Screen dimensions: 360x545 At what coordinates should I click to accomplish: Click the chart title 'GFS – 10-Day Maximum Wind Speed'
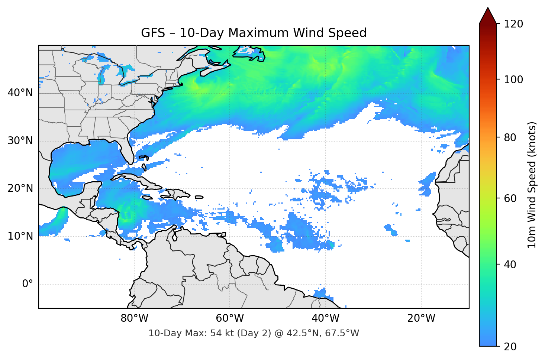coord(254,33)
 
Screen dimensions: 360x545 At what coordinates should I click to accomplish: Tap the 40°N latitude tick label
coord(20,93)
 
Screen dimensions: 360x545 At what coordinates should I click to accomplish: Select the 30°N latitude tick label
coord(20,141)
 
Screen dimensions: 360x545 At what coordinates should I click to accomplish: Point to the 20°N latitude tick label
coord(20,188)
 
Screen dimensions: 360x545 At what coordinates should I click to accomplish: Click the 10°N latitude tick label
coord(20,236)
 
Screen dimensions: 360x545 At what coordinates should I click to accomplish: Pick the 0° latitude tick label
coord(28,284)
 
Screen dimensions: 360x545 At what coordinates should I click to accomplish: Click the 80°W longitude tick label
coord(134,318)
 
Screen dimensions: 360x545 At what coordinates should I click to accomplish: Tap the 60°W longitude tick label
coord(230,318)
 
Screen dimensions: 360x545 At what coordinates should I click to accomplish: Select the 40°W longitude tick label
coord(325,318)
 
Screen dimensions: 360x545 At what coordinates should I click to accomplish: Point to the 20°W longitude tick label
coord(421,318)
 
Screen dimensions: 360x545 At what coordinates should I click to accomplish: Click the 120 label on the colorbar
coord(513,24)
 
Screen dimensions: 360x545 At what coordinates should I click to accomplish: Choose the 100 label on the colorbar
coord(513,80)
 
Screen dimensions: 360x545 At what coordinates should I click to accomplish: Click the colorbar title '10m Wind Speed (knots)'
coord(532,185)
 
